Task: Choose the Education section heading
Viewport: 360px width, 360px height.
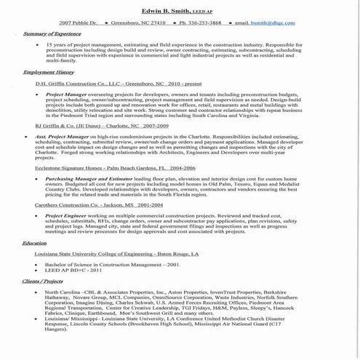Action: coord(34,242)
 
